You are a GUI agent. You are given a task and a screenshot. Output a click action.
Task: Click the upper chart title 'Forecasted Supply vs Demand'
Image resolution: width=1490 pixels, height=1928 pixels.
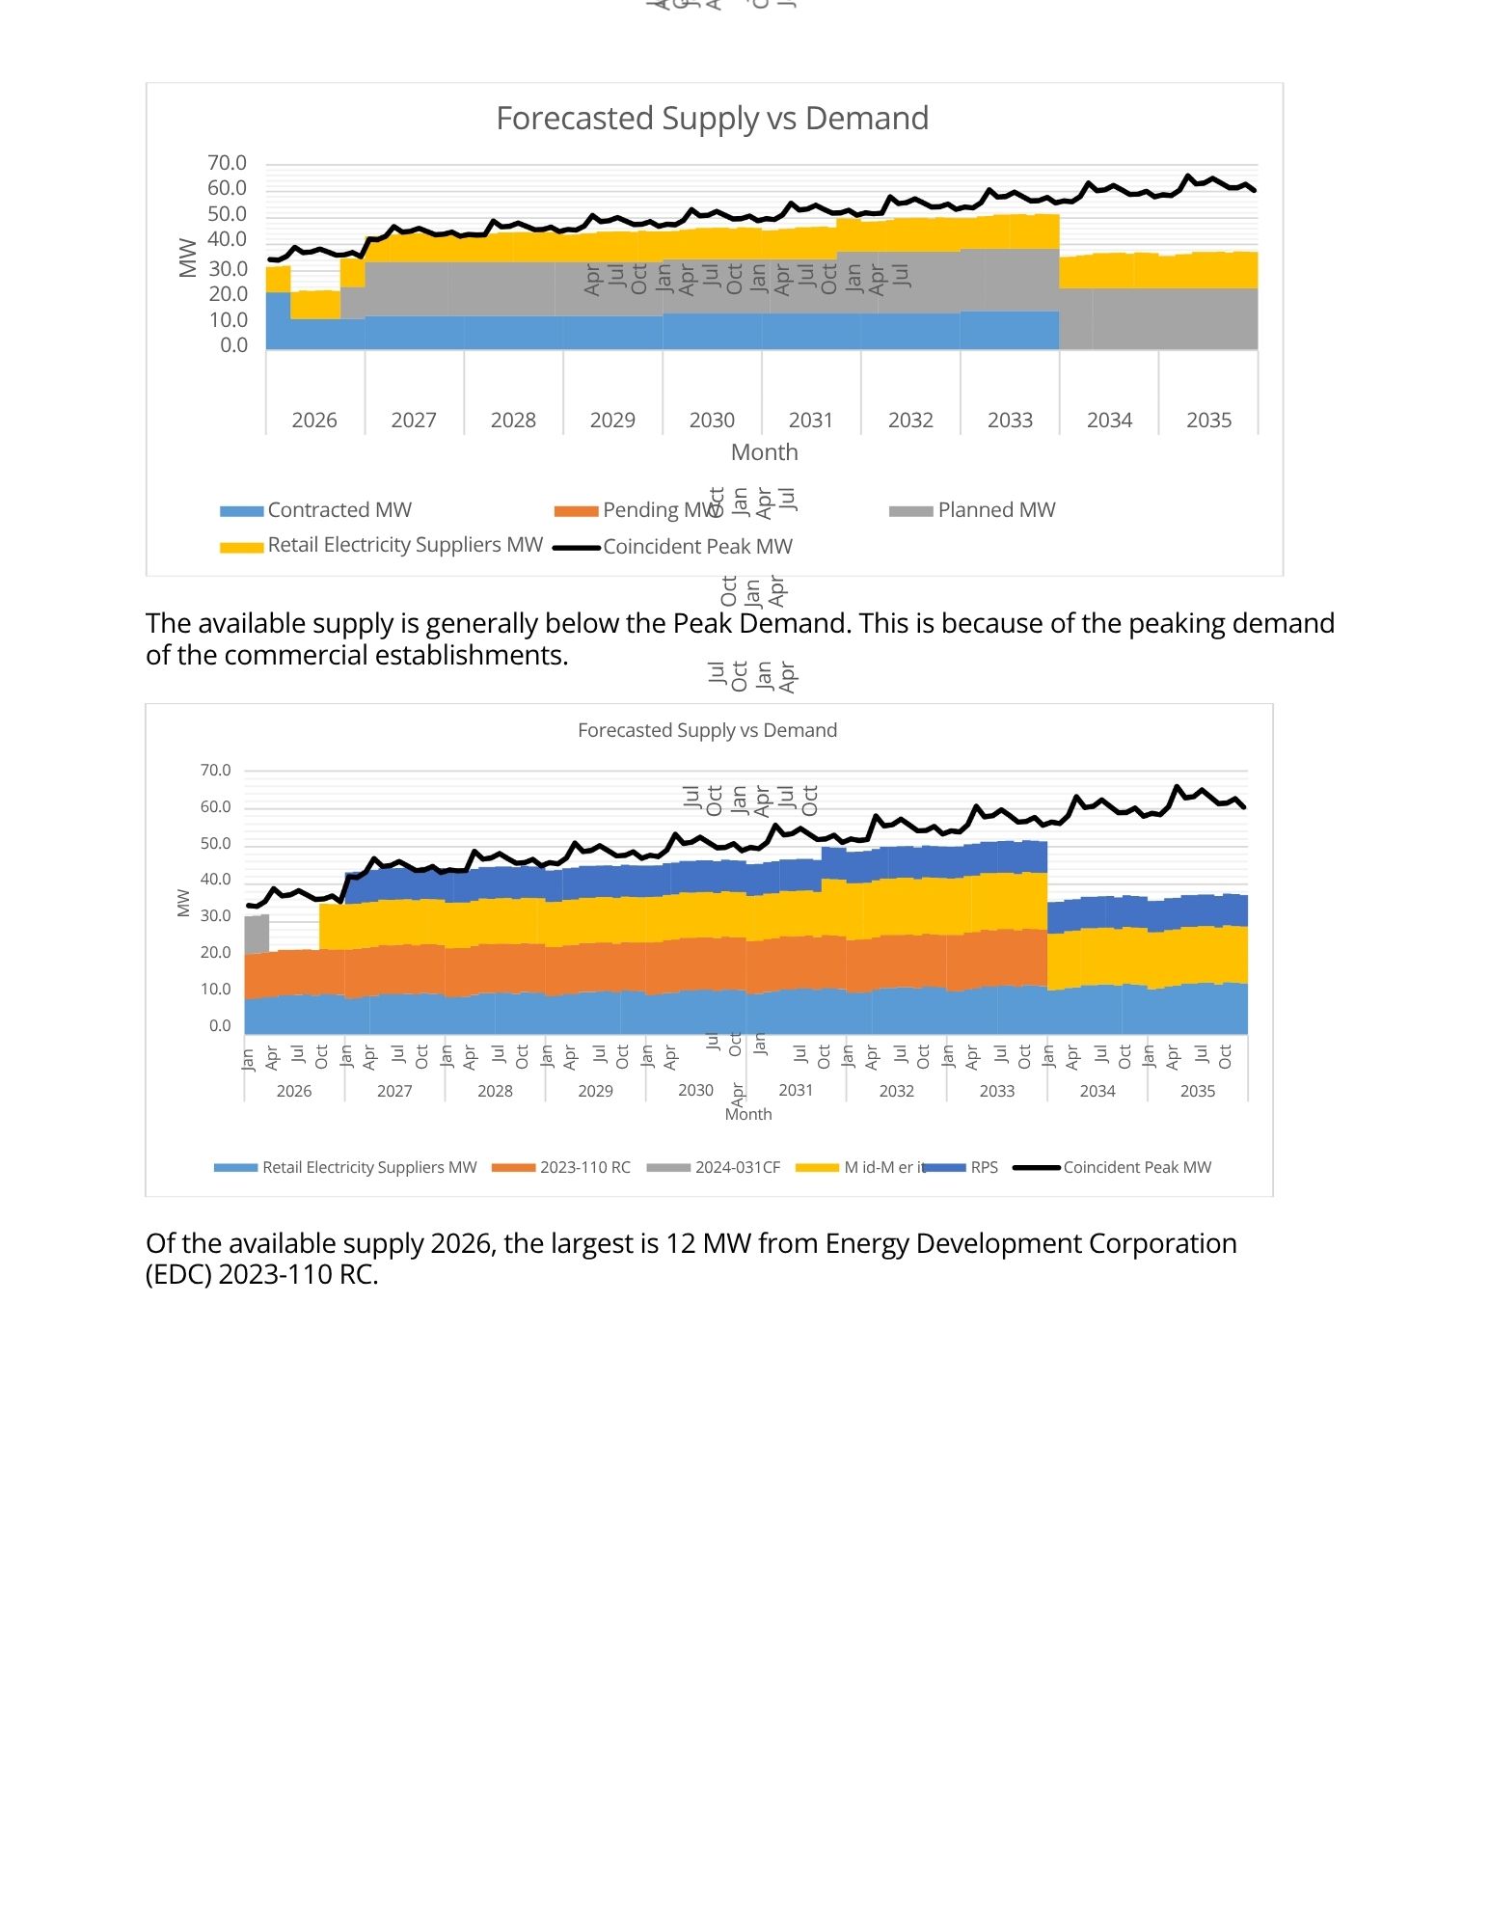click(712, 119)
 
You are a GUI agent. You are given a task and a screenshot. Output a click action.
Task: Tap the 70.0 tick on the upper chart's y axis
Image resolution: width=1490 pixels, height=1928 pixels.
click(227, 163)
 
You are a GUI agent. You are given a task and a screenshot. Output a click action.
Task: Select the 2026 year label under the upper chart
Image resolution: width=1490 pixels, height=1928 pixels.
click(314, 421)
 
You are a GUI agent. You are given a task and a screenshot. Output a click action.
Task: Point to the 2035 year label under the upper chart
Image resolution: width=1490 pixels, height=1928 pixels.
click(1208, 421)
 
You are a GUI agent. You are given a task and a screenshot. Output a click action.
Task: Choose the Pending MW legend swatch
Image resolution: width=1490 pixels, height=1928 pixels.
click(576, 511)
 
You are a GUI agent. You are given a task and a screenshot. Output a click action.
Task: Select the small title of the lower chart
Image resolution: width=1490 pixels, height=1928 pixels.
click(707, 731)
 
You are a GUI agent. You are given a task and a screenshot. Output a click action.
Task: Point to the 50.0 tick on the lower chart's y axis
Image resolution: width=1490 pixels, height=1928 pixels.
click(215, 844)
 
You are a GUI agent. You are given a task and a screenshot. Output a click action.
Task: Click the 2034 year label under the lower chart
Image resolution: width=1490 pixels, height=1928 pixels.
click(1097, 1091)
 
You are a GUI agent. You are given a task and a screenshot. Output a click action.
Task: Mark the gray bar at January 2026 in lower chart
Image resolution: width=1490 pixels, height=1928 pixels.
click(257, 934)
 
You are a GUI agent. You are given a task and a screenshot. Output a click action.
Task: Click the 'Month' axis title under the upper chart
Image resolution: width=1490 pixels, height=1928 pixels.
click(764, 452)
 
